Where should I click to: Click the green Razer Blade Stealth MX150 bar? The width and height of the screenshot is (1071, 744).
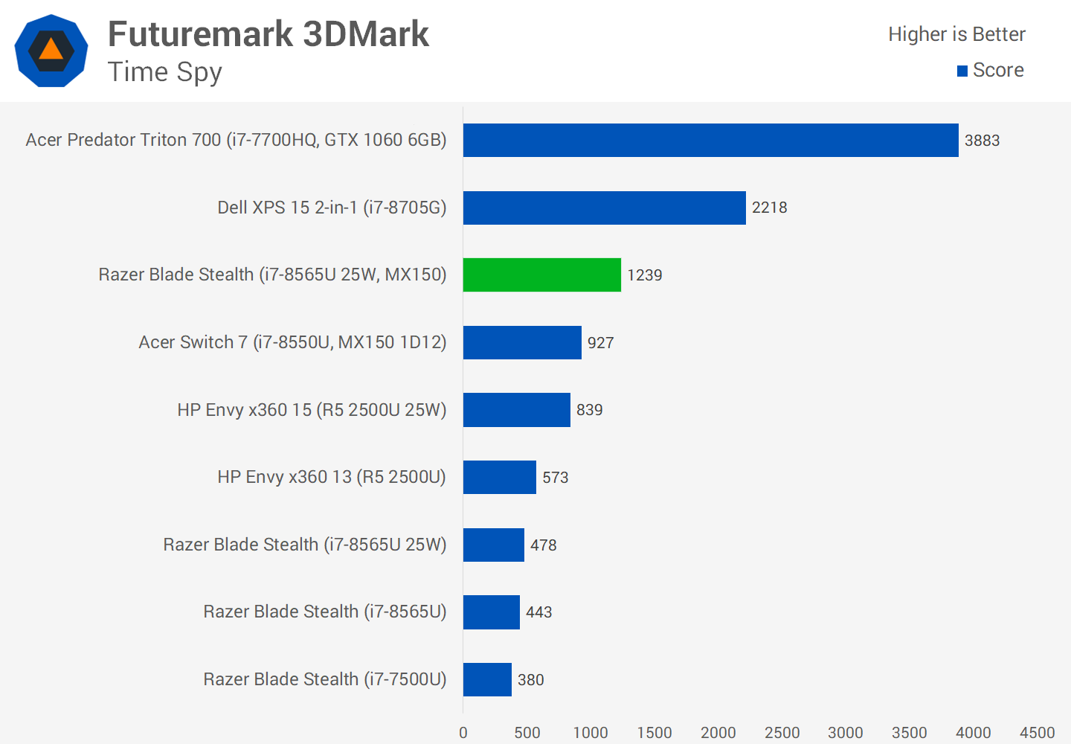(x=541, y=275)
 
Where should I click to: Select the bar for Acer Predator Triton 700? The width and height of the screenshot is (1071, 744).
(x=710, y=141)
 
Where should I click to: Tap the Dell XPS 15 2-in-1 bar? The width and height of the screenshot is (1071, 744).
(x=604, y=208)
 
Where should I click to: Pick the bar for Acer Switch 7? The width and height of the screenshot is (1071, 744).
(x=522, y=343)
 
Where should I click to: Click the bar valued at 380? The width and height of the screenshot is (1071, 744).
(x=487, y=680)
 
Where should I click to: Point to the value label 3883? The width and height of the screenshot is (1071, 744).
(x=982, y=141)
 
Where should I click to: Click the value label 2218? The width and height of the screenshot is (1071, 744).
(x=769, y=208)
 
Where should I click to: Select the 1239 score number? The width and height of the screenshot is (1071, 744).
(x=644, y=275)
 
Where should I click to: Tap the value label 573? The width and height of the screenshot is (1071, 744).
(x=555, y=478)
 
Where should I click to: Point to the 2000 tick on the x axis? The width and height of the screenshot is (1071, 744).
(x=718, y=733)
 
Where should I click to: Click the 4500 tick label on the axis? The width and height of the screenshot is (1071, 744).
(x=1037, y=733)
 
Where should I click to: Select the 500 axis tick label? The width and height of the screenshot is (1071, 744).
(x=527, y=733)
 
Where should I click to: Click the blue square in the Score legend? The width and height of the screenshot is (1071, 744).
(x=962, y=71)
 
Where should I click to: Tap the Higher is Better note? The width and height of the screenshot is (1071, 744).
(x=956, y=34)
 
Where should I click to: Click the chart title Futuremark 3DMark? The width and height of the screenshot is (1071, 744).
(x=268, y=34)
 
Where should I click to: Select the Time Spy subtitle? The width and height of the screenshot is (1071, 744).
(x=165, y=72)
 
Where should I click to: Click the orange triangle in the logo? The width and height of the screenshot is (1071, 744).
(x=51, y=50)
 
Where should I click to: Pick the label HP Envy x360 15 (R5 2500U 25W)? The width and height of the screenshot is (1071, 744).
(x=312, y=410)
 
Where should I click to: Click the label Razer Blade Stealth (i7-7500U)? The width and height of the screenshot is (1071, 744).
(x=325, y=679)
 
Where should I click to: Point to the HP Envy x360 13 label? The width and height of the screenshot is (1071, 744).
(x=332, y=477)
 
